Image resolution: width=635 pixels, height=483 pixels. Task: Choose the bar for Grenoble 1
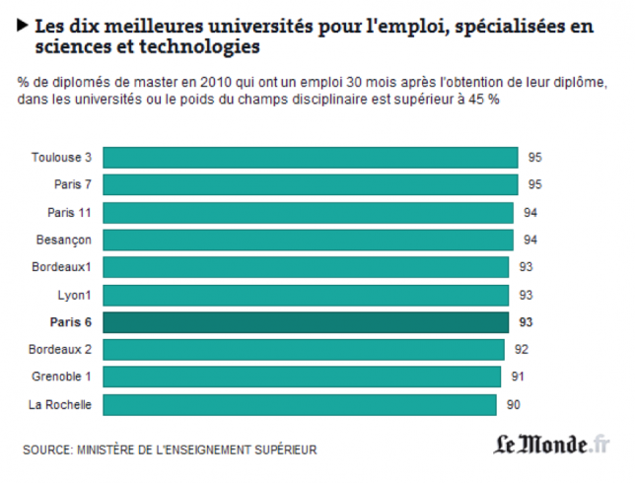click(301, 378)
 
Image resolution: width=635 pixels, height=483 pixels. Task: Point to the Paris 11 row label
click(70, 212)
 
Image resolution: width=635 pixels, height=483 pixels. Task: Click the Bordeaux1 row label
click(63, 267)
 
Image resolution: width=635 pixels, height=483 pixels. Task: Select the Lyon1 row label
click(75, 295)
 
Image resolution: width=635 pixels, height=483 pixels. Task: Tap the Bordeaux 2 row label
click(61, 350)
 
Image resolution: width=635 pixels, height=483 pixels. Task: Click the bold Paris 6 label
click(72, 322)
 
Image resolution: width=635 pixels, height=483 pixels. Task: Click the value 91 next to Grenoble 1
click(519, 378)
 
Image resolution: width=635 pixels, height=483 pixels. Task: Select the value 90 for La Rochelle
click(513, 405)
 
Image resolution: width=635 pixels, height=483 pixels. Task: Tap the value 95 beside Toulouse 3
click(535, 157)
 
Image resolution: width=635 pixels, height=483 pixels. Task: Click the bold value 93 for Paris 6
click(526, 322)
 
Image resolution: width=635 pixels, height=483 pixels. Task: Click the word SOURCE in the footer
click(45, 450)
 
